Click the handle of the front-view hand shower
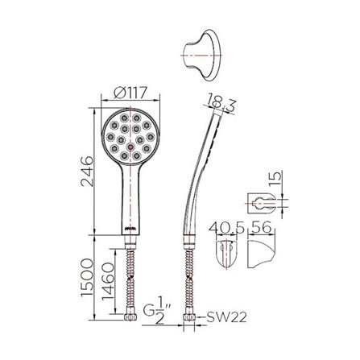[x=128, y=201]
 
